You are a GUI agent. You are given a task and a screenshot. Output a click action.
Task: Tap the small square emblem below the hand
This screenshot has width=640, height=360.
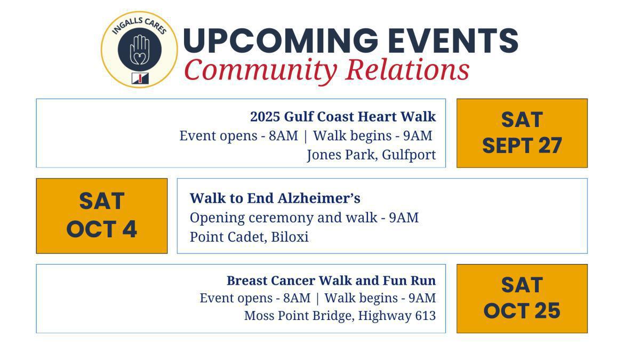click(140, 78)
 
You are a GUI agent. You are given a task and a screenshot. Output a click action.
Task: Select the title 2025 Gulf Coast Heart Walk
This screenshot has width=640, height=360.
click(343, 116)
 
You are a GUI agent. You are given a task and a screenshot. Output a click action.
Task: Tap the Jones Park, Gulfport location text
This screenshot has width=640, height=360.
click(371, 155)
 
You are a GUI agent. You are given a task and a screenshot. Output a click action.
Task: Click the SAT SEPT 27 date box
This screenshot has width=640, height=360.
click(522, 133)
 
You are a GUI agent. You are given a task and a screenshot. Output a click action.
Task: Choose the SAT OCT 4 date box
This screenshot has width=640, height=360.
click(101, 215)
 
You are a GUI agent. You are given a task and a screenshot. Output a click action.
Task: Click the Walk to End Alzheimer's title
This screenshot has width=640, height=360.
click(275, 198)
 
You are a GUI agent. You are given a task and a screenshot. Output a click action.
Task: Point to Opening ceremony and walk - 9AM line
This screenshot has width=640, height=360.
click(304, 218)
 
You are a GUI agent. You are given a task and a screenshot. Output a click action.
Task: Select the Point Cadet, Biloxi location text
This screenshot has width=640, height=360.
click(249, 237)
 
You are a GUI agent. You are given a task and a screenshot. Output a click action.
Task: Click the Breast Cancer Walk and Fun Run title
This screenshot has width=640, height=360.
click(331, 281)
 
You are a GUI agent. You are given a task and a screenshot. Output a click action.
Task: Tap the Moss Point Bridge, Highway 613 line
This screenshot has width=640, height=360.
click(340, 316)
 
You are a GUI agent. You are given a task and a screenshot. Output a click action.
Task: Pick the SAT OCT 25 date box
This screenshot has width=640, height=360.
click(522, 298)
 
